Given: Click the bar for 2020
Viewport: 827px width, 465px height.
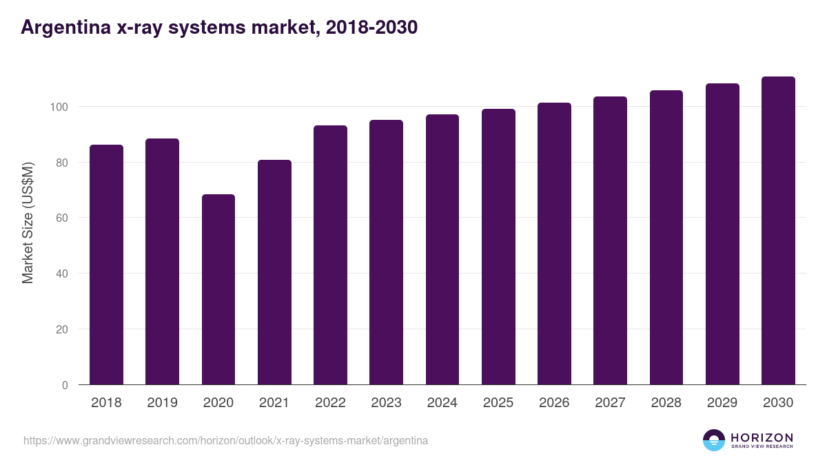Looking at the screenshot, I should [218, 289].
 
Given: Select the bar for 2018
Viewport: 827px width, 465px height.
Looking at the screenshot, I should [106, 265].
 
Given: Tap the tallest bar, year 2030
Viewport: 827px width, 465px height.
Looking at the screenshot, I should [778, 231].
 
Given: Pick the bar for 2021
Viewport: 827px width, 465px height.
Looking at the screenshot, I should [274, 272].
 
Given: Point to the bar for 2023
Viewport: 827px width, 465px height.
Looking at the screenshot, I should [386, 252].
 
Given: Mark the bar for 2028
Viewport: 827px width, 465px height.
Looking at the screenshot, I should [666, 238].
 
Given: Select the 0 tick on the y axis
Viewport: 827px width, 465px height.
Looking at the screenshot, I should [65, 385].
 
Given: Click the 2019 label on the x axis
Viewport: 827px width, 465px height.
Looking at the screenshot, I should [162, 403].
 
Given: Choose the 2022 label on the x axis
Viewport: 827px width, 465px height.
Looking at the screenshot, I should [330, 403].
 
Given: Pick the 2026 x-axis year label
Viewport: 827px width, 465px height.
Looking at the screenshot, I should [554, 403].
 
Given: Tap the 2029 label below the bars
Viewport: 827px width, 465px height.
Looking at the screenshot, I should [722, 403].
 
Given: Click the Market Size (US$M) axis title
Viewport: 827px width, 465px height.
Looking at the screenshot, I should [28, 223].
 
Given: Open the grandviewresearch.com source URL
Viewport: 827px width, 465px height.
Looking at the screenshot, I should [225, 440].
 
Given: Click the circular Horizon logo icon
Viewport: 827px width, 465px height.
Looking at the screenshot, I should [714, 440].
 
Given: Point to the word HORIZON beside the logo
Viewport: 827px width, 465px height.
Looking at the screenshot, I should [762, 437].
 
